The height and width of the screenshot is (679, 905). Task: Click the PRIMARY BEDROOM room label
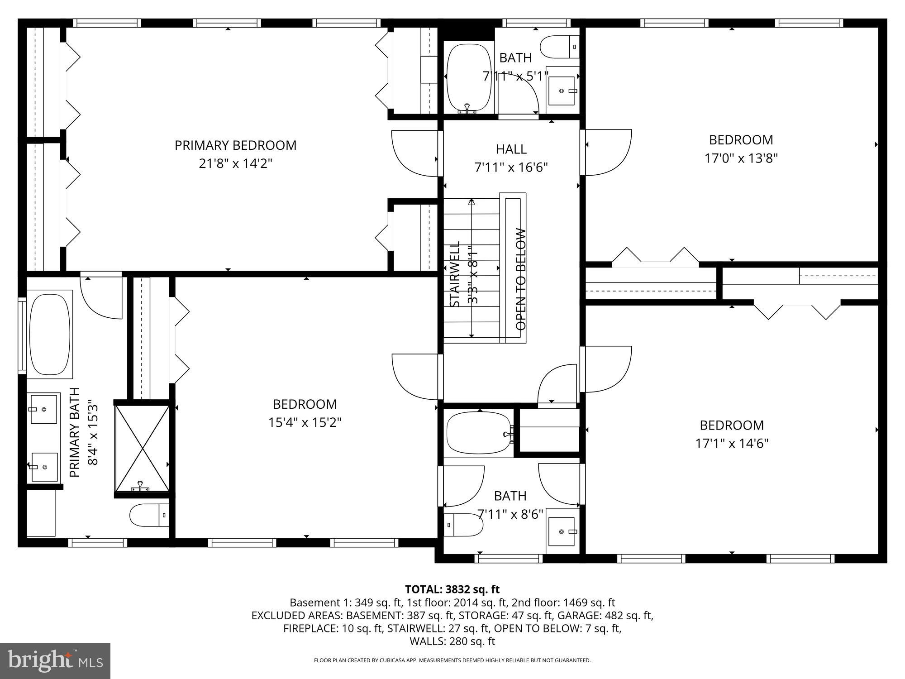(x=235, y=145)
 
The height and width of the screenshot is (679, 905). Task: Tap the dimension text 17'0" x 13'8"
(x=741, y=158)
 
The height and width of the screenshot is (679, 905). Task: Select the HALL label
(x=511, y=149)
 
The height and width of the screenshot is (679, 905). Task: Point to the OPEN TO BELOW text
(x=521, y=279)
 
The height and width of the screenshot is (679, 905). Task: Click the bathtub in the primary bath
(x=50, y=334)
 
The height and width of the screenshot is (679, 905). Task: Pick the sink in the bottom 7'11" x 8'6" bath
(x=563, y=531)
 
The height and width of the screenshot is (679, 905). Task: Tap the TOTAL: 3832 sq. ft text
(x=452, y=589)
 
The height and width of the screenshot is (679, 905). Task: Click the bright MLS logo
(x=55, y=661)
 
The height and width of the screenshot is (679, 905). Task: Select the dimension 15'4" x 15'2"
(x=305, y=422)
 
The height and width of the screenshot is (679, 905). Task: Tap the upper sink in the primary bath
(x=44, y=408)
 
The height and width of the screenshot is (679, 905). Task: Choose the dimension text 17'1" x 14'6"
(x=732, y=443)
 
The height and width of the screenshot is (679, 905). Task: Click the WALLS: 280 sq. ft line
(x=452, y=641)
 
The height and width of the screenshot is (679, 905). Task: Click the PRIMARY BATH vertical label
(x=75, y=432)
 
